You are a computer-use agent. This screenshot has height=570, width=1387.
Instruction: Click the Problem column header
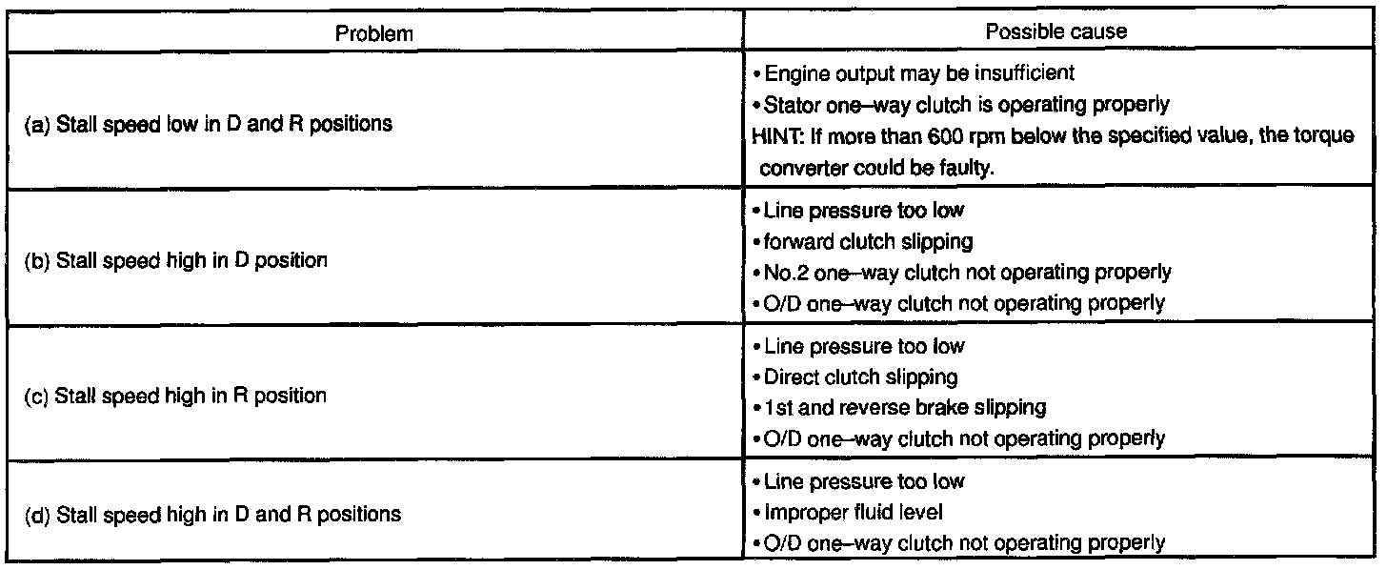coord(374,32)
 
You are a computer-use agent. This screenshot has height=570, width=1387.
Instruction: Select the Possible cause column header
coord(1055,31)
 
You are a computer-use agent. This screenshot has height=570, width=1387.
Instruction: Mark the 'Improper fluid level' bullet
coord(852,512)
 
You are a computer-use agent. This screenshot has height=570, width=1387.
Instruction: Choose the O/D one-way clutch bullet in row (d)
coord(960,542)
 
